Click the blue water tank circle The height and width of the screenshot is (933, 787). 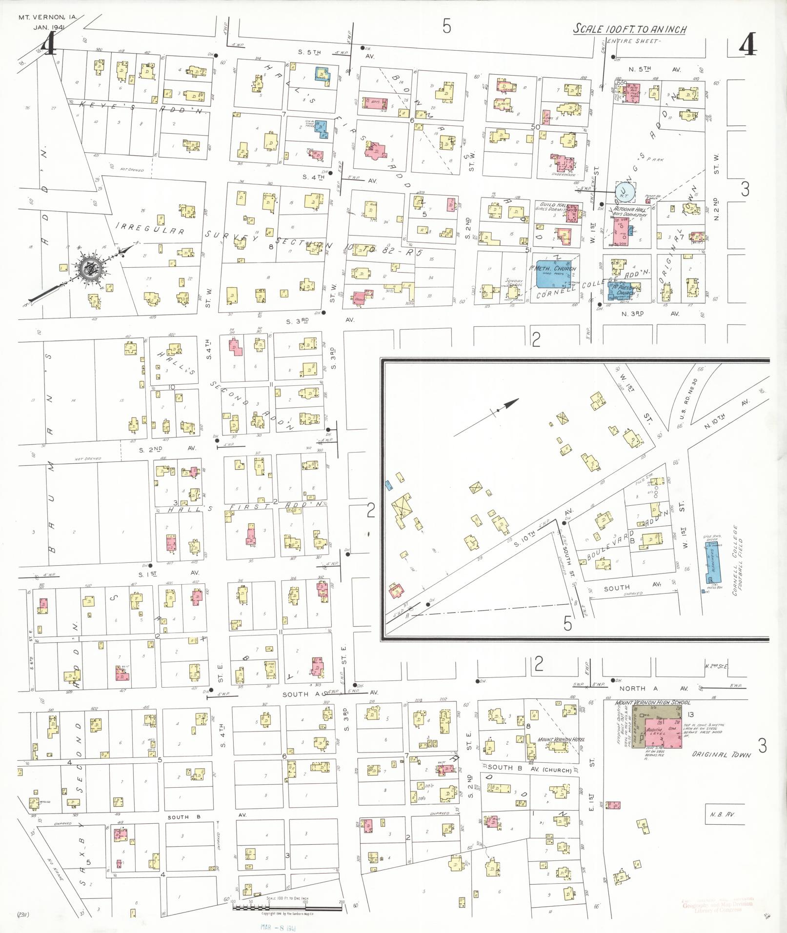pyautogui.click(x=625, y=192)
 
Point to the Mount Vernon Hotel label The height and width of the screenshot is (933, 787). pyautogui.click(x=561, y=740)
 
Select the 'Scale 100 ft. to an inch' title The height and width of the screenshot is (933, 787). pyautogui.click(x=629, y=29)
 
